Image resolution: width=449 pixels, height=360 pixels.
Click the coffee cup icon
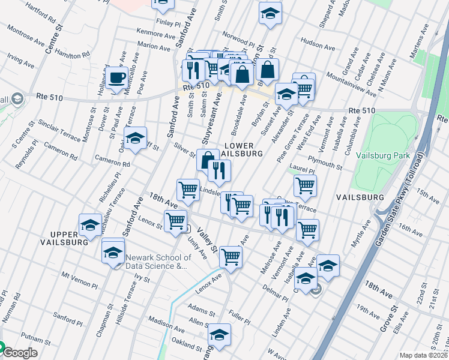tap(118, 78)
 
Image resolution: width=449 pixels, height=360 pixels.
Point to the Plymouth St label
tap(324, 160)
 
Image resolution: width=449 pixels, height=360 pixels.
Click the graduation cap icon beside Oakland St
tap(219, 337)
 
